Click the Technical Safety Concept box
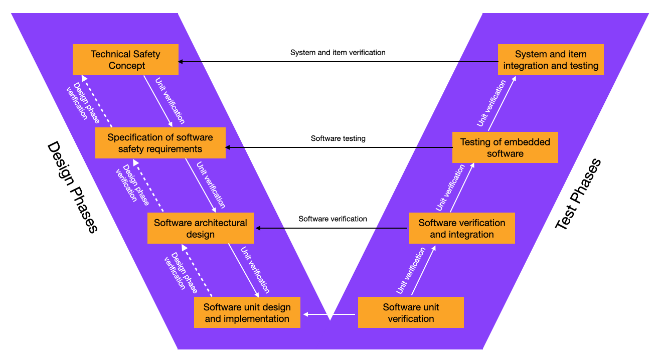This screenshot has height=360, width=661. click(125, 60)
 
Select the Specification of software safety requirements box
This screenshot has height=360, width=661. click(160, 143)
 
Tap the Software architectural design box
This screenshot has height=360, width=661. click(200, 228)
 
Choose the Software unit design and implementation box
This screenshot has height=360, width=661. click(247, 312)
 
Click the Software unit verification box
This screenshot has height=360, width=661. click(411, 312)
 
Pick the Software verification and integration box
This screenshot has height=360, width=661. click(462, 228)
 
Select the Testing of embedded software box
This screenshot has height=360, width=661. click(505, 147)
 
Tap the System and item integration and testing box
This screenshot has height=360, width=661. click(551, 60)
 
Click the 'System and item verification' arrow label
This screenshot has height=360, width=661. click(338, 52)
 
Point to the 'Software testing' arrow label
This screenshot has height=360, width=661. click(338, 138)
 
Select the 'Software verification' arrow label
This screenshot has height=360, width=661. click(333, 219)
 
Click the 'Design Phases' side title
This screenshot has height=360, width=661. click(72, 187)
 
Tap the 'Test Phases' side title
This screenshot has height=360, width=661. click(578, 195)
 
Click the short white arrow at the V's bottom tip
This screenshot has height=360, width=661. click(328, 314)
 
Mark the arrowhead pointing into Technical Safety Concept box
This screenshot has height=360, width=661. click(181, 62)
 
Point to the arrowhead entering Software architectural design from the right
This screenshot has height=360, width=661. click(259, 228)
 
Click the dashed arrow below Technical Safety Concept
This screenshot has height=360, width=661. click(97, 101)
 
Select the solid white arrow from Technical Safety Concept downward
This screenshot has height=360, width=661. click(158, 101)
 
